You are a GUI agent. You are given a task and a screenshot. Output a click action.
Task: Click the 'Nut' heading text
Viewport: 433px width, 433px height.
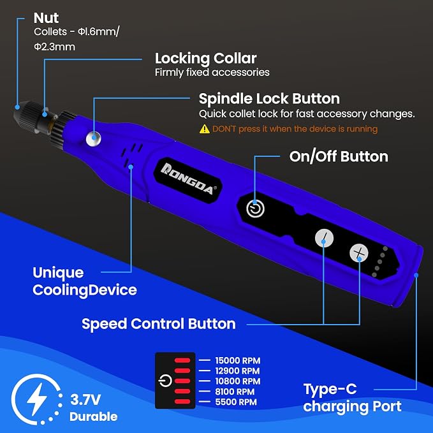(46, 18)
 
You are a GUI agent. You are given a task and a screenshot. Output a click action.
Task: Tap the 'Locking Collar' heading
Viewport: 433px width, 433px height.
(206, 59)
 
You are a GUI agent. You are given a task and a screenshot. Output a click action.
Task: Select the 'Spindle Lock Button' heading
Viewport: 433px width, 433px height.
(269, 99)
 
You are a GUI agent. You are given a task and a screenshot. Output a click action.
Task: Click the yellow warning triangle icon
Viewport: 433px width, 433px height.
(204, 129)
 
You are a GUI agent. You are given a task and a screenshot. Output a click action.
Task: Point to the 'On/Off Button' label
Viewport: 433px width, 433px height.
(339, 157)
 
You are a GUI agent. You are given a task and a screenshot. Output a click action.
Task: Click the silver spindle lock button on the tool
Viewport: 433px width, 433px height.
(94, 138)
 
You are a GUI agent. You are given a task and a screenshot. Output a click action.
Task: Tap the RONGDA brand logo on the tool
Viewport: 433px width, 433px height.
(188, 179)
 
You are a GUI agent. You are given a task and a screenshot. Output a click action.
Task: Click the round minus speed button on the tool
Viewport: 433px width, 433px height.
(324, 238)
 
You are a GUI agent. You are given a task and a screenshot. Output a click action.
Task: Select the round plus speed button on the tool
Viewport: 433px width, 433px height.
(359, 253)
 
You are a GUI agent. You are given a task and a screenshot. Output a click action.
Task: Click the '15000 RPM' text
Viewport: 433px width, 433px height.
(237, 361)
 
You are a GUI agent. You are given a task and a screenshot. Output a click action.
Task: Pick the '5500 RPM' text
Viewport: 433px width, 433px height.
(236, 402)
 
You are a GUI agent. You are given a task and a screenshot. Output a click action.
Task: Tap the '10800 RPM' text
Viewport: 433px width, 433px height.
(237, 381)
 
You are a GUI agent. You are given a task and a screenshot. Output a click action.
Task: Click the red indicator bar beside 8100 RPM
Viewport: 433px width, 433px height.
(182, 392)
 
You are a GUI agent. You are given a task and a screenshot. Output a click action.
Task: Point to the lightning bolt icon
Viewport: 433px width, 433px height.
(36, 399)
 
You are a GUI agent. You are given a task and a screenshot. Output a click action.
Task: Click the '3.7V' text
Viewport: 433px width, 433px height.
(85, 400)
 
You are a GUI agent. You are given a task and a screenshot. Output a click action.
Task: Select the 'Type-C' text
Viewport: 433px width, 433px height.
(330, 390)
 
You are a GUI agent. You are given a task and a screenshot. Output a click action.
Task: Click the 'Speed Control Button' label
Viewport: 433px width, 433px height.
(159, 324)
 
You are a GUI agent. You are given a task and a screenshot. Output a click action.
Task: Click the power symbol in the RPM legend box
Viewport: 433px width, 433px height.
(165, 381)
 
